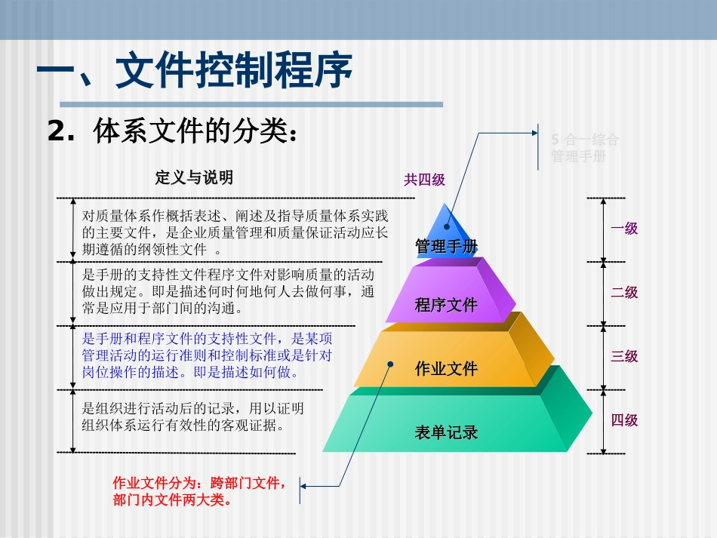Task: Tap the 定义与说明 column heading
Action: point(194,177)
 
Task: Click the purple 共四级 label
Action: point(424,180)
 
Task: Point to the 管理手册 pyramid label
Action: point(446,247)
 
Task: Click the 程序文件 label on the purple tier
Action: point(446,305)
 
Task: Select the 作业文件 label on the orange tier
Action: point(446,369)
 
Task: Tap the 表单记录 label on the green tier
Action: point(446,433)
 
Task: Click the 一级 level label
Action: point(624,228)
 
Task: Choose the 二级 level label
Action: point(624,292)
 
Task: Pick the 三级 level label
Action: point(624,356)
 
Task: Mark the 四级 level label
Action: point(624,420)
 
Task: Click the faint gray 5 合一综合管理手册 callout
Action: point(585,148)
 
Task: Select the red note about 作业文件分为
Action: point(200,490)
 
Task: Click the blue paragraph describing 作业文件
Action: point(212,355)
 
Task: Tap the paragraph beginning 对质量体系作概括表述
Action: point(234,232)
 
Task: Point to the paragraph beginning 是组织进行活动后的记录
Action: point(192,417)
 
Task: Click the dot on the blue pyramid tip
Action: point(447,226)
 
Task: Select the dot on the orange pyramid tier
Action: point(391,364)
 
